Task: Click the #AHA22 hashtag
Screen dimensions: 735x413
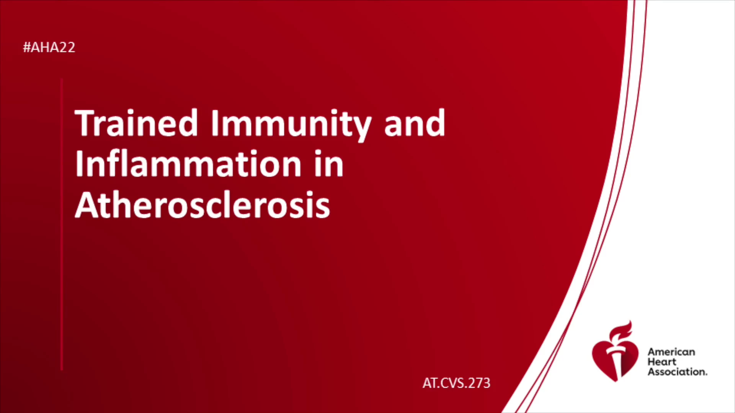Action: point(49,47)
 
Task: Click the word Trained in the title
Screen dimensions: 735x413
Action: point(136,123)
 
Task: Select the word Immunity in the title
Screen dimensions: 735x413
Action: point(291,125)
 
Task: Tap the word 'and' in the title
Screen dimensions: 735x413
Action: point(415,123)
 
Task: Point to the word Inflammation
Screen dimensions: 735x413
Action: point(209,163)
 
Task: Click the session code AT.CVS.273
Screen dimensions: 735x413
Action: point(456,383)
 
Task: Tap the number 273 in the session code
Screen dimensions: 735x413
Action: point(478,383)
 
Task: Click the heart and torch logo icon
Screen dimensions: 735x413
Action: point(615,351)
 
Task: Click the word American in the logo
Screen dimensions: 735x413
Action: point(671,352)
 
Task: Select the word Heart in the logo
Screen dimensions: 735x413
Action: point(662,362)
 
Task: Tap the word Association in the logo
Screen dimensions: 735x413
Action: point(677,372)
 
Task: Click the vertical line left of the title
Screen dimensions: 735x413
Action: point(62,224)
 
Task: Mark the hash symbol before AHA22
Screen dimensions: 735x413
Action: point(27,47)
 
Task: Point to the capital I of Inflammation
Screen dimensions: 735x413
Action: point(79,164)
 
